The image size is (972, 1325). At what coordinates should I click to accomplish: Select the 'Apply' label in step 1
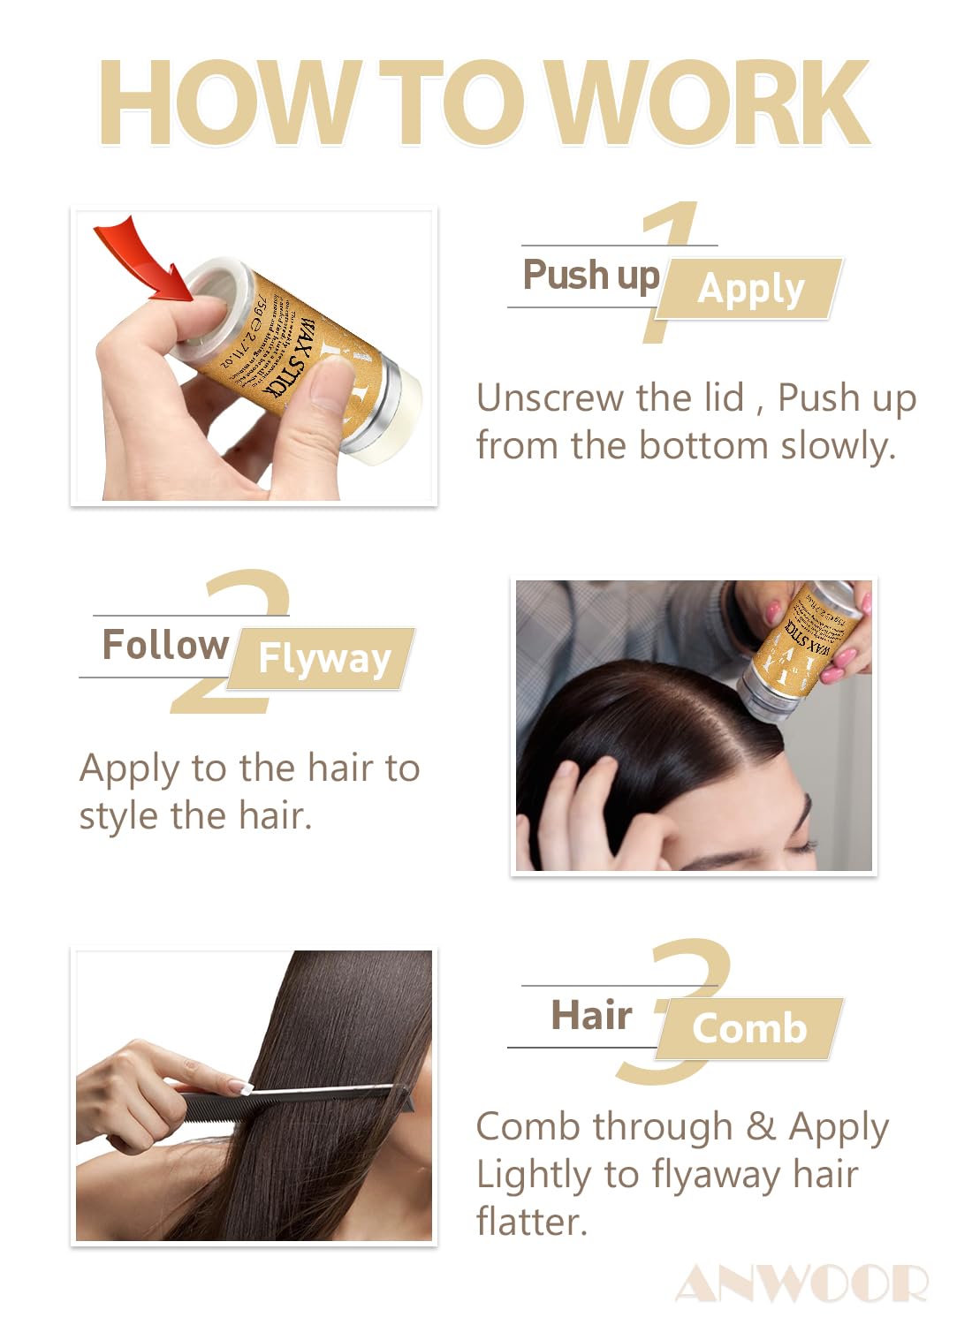pyautogui.click(x=751, y=289)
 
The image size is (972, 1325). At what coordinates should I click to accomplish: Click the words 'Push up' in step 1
pyautogui.click(x=590, y=276)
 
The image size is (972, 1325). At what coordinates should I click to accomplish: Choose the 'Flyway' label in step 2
pyautogui.click(x=324, y=659)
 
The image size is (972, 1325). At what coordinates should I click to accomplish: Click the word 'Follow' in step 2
pyautogui.click(x=165, y=645)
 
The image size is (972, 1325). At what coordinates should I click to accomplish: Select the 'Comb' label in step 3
pyautogui.click(x=749, y=1029)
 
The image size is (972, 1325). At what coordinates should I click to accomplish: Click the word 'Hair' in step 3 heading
pyautogui.click(x=591, y=1016)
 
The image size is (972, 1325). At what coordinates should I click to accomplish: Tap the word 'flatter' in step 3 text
pyautogui.click(x=531, y=1223)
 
